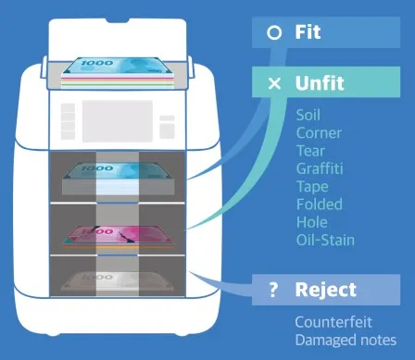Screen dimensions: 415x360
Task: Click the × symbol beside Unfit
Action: coord(273,84)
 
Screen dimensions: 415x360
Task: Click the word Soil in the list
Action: coord(308,116)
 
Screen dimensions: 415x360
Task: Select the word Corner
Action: coord(318,132)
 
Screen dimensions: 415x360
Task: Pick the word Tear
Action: coord(308,150)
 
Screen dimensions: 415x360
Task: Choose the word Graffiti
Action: coord(320,168)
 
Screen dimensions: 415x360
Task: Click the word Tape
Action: coord(310,186)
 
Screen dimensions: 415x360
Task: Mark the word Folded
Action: coord(319,204)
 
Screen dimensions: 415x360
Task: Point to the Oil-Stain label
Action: coord(324,240)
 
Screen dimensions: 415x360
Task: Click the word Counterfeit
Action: coord(333,322)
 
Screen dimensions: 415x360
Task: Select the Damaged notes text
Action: coord(346,340)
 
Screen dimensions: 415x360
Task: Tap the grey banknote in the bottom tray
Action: coord(122,280)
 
